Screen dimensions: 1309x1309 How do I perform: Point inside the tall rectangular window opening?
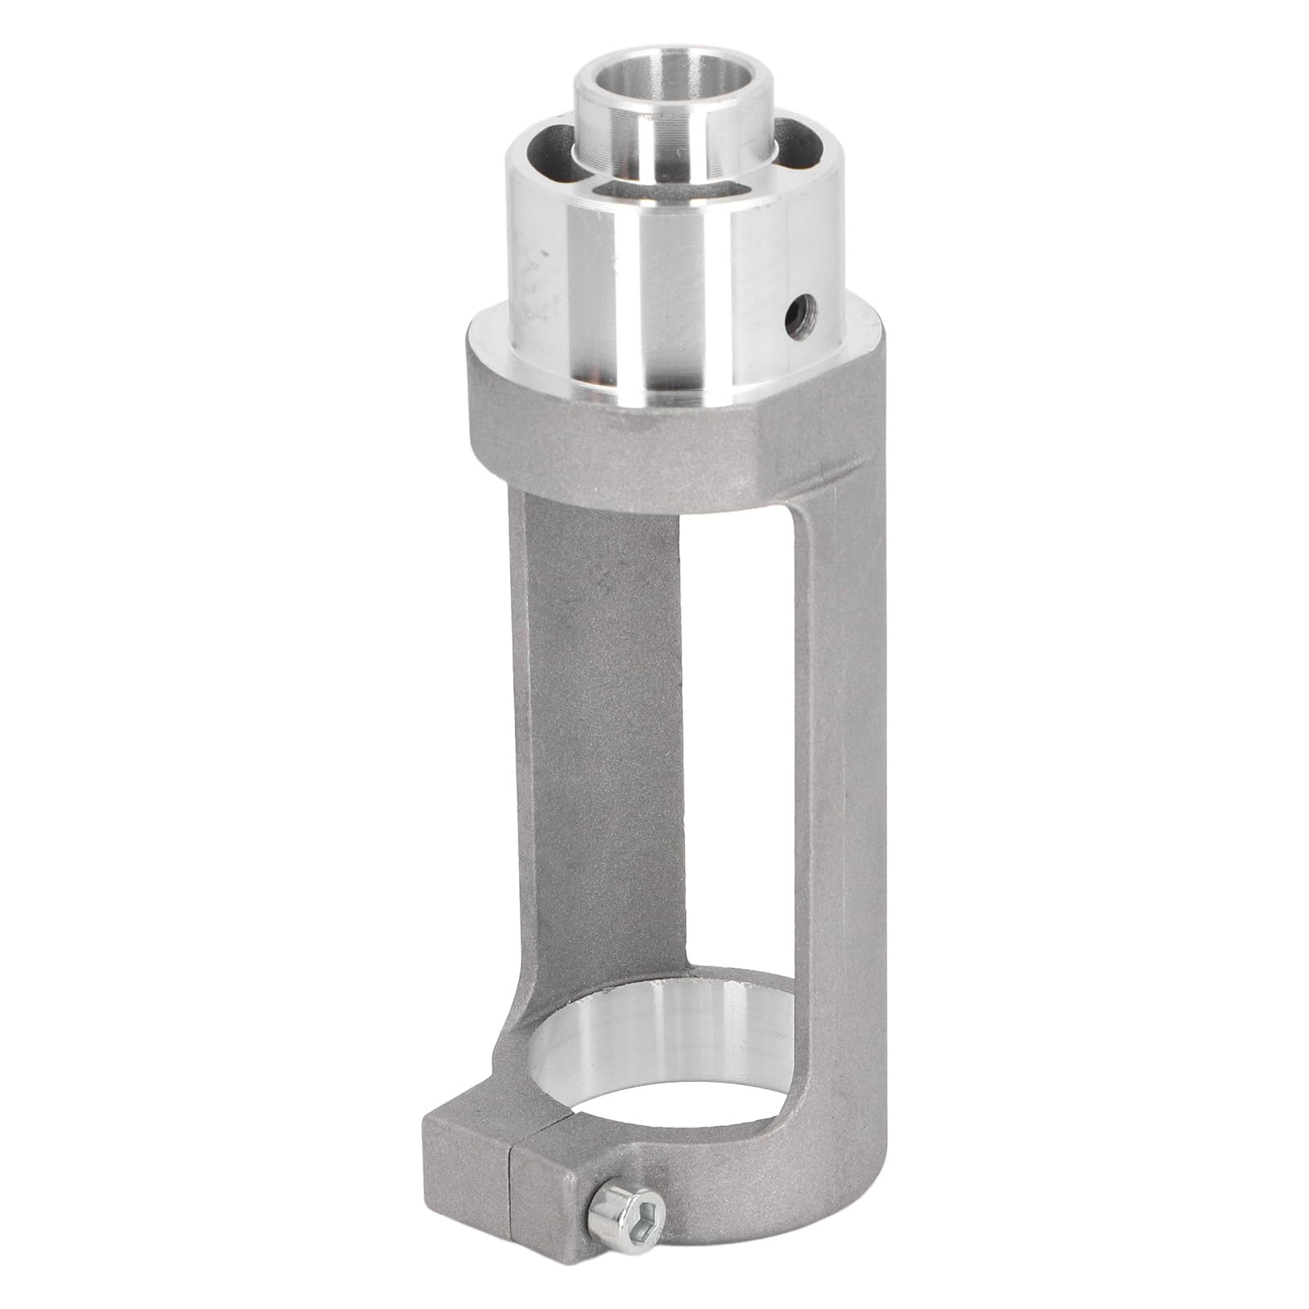coord(736,736)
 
